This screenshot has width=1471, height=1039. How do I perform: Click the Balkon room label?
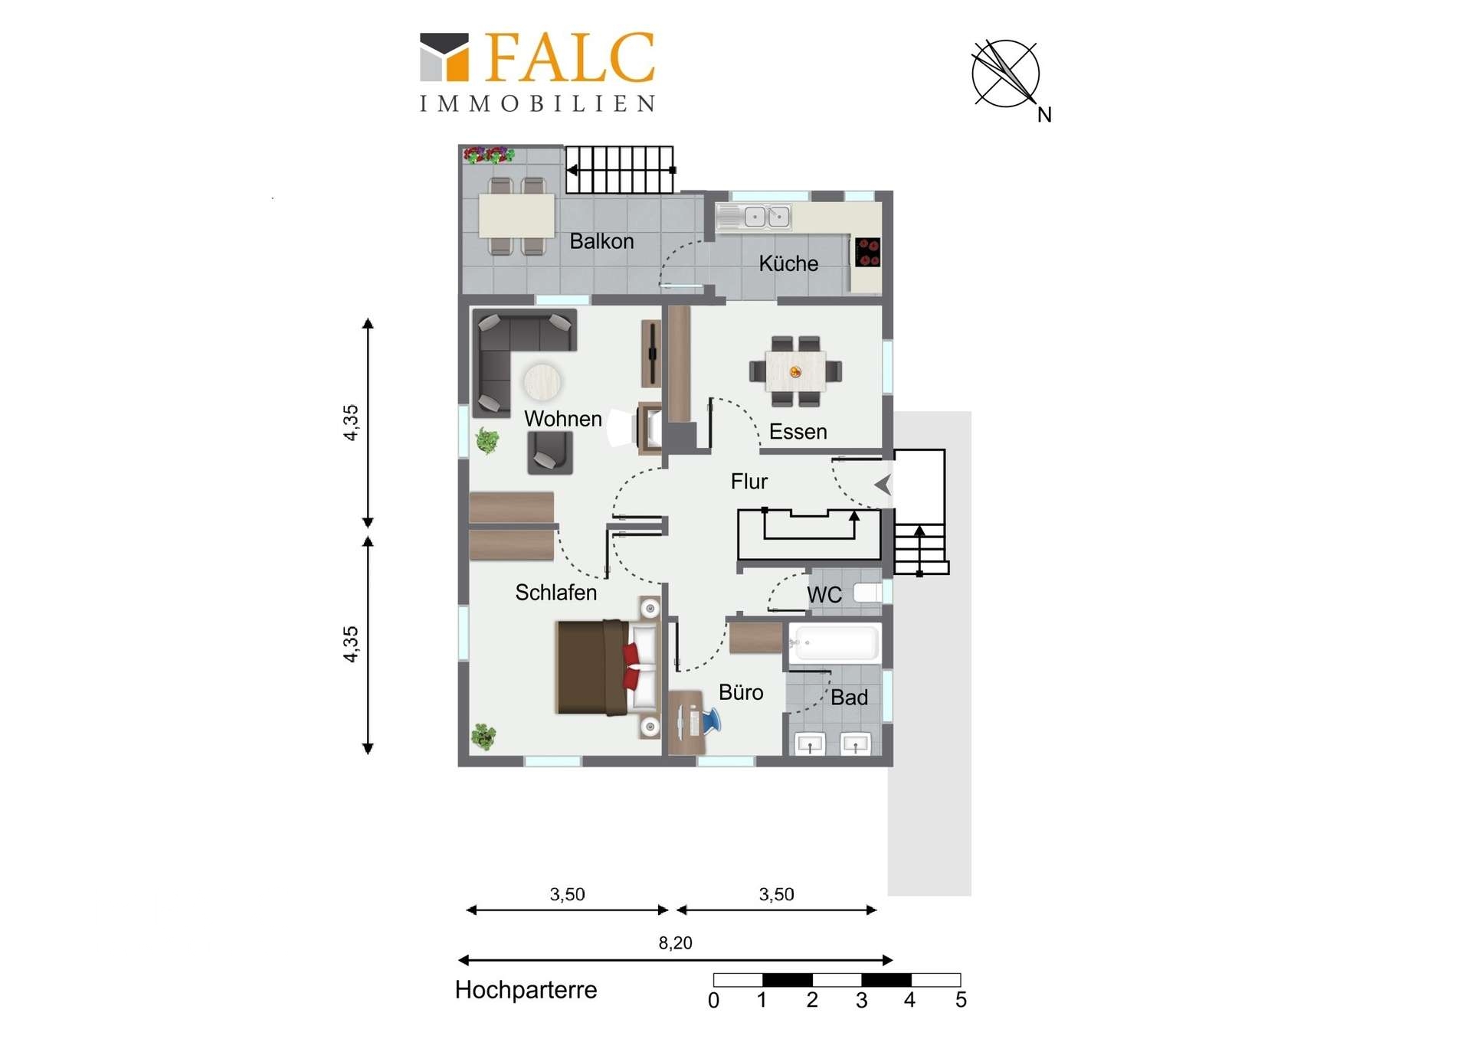tap(601, 241)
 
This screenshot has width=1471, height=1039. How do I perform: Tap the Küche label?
tap(788, 263)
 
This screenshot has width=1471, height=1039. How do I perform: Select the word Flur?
tap(749, 482)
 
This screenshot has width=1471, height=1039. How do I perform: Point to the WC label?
tap(824, 595)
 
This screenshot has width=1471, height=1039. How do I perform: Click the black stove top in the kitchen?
tap(868, 252)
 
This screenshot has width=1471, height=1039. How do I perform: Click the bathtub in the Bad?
tap(834, 643)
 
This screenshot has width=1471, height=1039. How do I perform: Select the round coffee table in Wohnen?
tap(542, 381)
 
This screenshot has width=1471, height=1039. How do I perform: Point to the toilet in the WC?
tap(868, 593)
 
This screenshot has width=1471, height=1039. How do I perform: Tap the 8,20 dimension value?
tap(675, 943)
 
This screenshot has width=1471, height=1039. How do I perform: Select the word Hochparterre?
tap(526, 990)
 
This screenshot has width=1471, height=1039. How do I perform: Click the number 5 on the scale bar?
tap(961, 1000)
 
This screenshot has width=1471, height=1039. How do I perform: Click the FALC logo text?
tap(570, 57)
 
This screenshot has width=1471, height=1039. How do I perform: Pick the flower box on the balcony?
tap(489, 155)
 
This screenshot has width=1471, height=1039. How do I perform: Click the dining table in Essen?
tap(795, 371)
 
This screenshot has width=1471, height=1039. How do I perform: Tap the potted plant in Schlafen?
tap(483, 737)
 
